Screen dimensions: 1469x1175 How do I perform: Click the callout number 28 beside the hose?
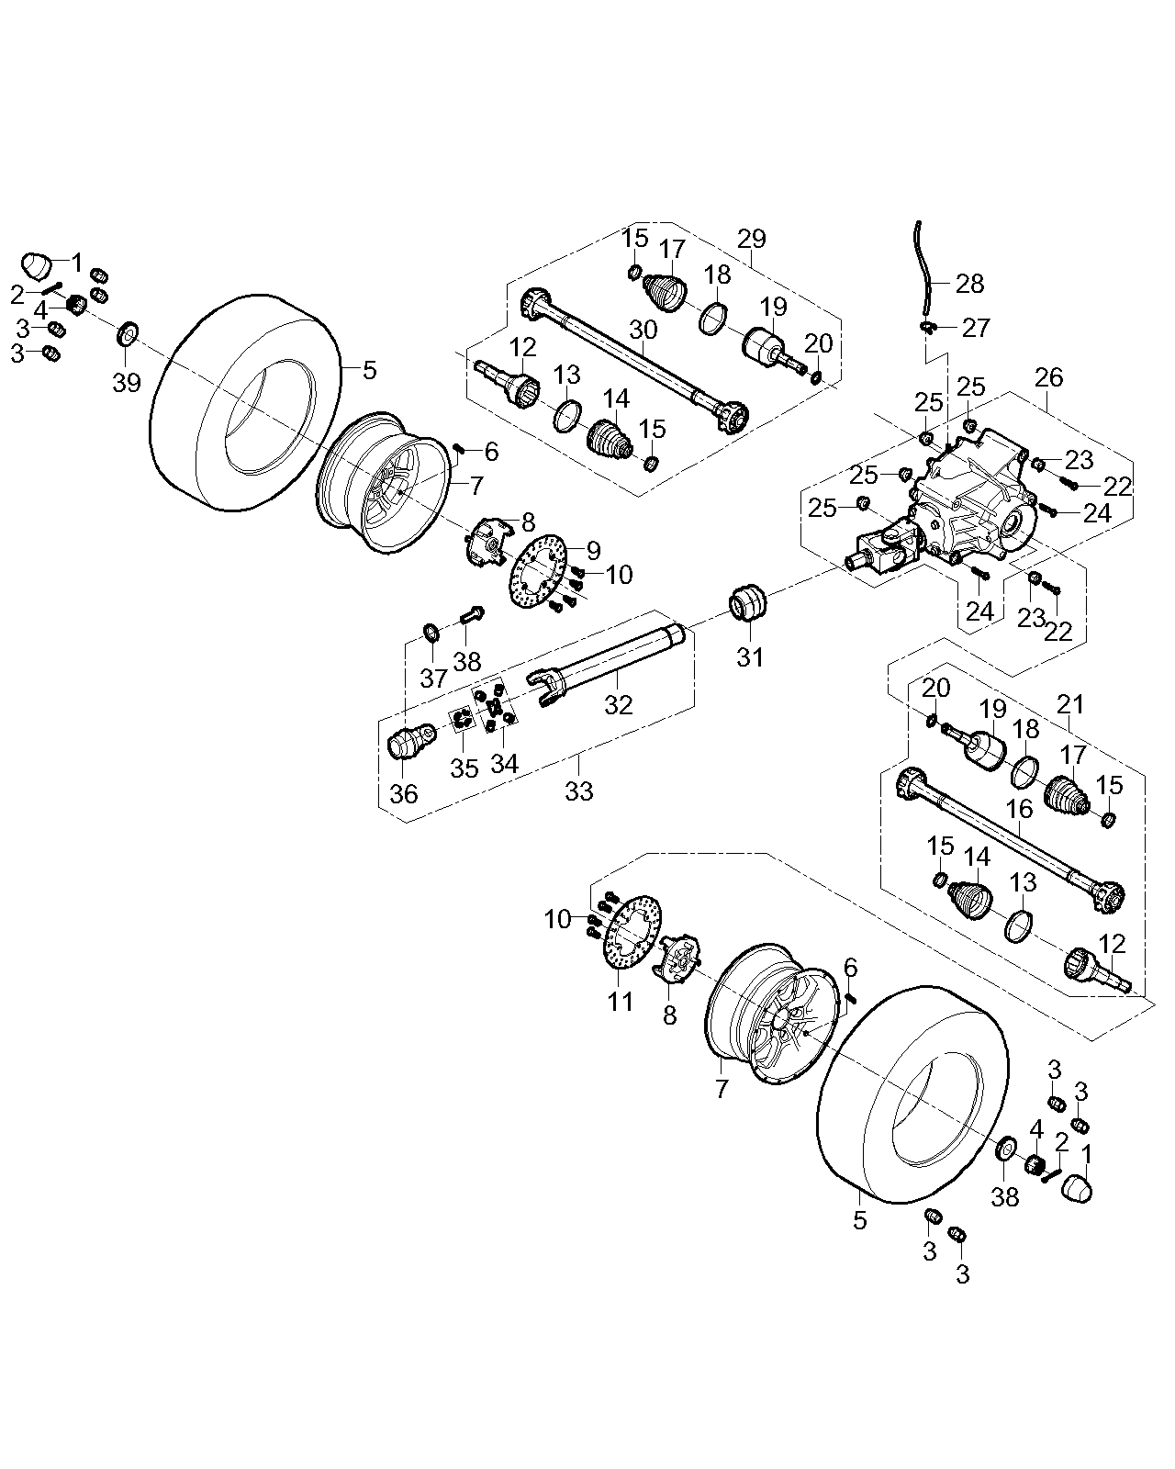click(969, 283)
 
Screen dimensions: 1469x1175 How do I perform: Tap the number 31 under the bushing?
click(751, 657)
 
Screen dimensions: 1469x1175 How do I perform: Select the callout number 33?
click(579, 791)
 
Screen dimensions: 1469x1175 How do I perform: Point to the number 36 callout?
click(404, 794)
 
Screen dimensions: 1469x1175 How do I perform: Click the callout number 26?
click(1048, 376)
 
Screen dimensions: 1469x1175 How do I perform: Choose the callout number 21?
click(1070, 704)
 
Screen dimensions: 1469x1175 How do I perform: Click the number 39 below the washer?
click(127, 383)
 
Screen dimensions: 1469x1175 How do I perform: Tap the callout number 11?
click(621, 1000)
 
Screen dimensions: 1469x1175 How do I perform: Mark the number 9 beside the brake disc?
click(593, 550)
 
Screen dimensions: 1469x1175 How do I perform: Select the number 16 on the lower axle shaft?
click(1020, 809)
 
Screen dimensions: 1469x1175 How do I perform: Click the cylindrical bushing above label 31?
click(750, 602)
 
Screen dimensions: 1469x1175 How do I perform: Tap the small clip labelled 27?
click(929, 326)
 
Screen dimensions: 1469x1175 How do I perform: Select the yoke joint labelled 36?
click(406, 739)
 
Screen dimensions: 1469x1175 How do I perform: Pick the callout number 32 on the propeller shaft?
click(618, 704)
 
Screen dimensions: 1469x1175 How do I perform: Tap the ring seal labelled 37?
click(430, 631)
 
